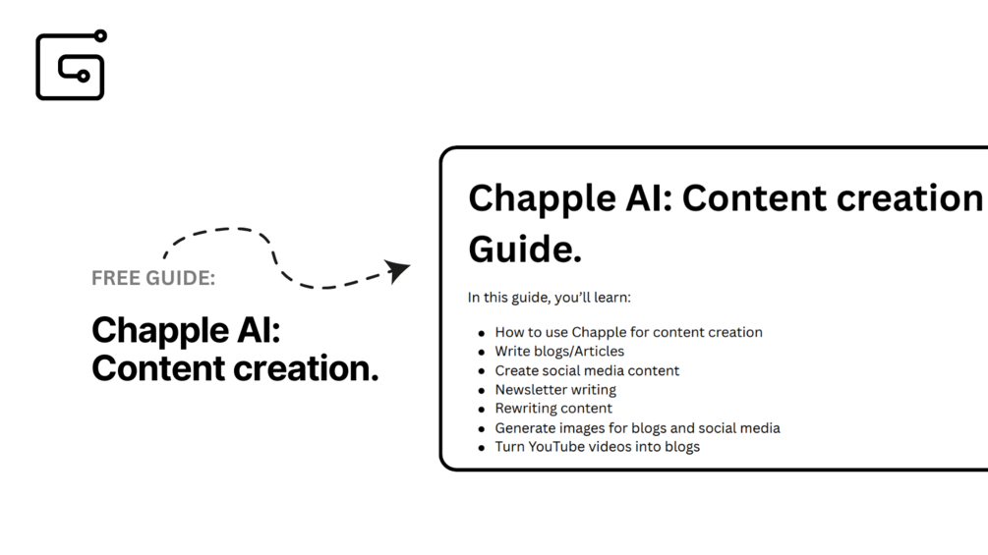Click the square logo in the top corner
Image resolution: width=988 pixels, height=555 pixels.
pyautogui.click(x=71, y=66)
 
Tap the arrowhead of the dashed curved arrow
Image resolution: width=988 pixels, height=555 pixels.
pyautogui.click(x=399, y=270)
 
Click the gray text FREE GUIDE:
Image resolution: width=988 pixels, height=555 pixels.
pyautogui.click(x=153, y=278)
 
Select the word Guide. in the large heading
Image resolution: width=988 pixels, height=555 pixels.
pyautogui.click(x=525, y=250)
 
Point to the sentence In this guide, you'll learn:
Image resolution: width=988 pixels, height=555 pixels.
pyautogui.click(x=550, y=297)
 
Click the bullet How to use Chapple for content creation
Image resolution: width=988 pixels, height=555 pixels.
pyautogui.click(x=628, y=332)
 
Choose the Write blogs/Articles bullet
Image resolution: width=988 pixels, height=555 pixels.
pyautogui.click(x=559, y=351)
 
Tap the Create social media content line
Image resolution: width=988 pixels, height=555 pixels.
pyautogui.click(x=587, y=370)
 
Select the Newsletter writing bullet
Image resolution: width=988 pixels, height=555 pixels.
pyautogui.click(x=555, y=389)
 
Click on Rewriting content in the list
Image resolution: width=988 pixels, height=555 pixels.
pyautogui.click(x=553, y=408)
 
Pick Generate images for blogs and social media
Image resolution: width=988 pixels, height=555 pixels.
pyautogui.click(x=637, y=427)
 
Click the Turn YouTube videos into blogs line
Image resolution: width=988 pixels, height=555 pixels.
pyautogui.click(x=597, y=446)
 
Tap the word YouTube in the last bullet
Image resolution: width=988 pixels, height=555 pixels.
pyautogui.click(x=556, y=446)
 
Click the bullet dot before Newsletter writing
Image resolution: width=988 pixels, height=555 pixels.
pyautogui.click(x=482, y=391)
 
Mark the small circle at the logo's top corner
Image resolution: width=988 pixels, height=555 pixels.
pyautogui.click(x=100, y=36)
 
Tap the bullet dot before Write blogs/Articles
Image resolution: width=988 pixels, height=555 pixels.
pyautogui.click(x=482, y=353)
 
